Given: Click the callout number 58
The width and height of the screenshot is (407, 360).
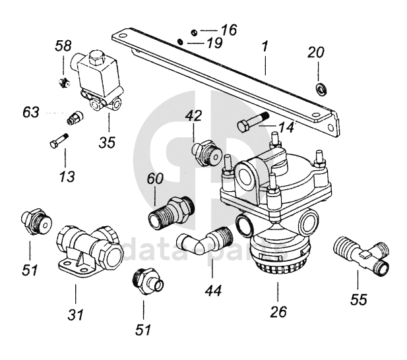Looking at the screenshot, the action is pos(63,46).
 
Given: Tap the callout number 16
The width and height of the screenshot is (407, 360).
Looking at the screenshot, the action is pos(229,30).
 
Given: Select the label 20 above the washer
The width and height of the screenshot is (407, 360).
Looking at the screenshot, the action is pos(316,52).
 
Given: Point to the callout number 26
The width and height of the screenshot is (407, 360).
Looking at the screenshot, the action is pos(278,311).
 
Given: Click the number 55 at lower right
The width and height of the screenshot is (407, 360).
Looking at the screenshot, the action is pos(358,299).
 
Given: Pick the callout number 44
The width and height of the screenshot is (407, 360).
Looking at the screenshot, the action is pos(213,291).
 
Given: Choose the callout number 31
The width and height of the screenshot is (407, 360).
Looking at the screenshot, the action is pos(76,315).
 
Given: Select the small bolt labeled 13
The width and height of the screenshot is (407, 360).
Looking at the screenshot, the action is pos(59,140).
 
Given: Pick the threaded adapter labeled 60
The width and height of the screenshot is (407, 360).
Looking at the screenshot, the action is pos(172,212).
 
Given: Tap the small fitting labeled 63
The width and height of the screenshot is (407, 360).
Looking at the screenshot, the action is pos(75,118).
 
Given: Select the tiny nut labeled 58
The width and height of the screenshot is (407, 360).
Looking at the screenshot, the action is pos(64,82).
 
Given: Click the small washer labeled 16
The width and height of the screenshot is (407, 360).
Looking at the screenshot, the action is pos(194,33).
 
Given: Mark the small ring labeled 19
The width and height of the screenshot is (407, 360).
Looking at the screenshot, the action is pos(180,42).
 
